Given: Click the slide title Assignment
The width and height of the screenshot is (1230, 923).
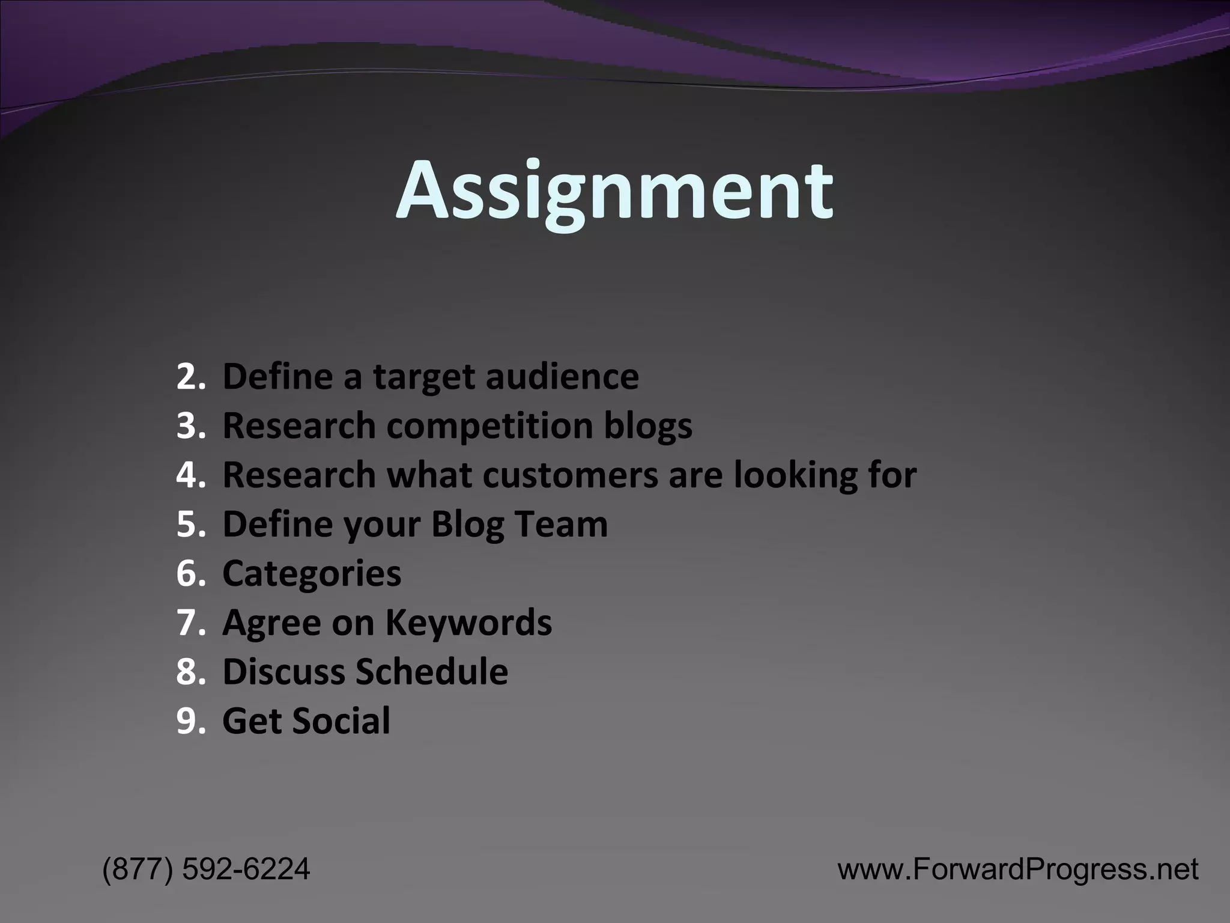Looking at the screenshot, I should [x=614, y=191].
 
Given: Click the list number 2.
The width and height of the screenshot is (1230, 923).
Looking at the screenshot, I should [x=190, y=377].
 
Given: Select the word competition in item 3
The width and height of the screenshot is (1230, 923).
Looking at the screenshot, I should [x=489, y=426].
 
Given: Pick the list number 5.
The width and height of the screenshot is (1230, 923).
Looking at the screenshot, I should [x=190, y=524].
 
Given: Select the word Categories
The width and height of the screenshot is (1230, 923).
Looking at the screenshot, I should [x=311, y=574].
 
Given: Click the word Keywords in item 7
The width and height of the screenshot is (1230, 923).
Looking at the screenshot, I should [x=468, y=623].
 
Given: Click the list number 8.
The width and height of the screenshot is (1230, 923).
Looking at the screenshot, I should [x=190, y=672].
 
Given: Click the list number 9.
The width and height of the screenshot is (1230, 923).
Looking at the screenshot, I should [x=190, y=721].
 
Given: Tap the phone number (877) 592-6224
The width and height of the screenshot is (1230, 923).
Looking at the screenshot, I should [x=206, y=869].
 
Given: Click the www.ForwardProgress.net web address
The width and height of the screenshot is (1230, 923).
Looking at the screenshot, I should [x=1017, y=869].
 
